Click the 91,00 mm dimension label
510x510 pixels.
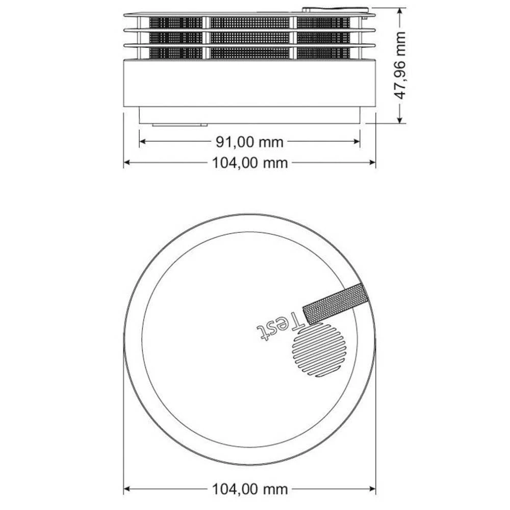249,141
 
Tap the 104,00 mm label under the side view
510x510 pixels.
249,163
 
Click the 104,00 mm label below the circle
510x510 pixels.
249,490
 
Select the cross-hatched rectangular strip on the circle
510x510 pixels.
336,303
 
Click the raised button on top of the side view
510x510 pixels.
335,10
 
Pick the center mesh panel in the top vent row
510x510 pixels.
250,23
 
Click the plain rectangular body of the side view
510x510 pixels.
249,83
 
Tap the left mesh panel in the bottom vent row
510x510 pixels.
176,53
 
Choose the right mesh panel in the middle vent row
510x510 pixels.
323,38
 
